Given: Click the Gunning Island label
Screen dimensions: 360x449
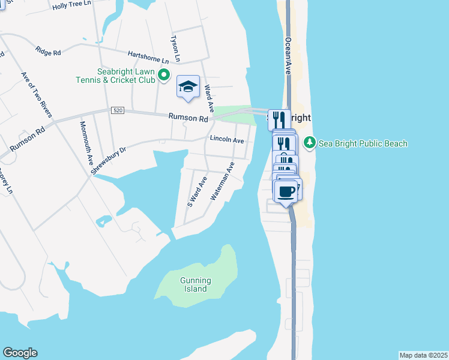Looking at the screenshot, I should coord(196,284).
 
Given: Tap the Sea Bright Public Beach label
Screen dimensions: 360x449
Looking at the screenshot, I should coord(363,143).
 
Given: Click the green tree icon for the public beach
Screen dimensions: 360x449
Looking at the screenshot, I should coord(310,143).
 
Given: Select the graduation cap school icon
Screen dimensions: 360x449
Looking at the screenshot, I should coord(188,87).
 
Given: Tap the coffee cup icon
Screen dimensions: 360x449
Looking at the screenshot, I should coord(286,191).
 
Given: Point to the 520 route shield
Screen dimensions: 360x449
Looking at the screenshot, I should coord(117,111).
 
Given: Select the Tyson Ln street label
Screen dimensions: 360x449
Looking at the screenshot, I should coord(176,48).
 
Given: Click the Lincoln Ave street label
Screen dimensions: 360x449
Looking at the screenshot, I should coord(227,140).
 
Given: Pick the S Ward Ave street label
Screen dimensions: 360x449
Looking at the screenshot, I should coord(197,191).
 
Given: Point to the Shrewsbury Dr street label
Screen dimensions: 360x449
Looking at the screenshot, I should coord(109,161).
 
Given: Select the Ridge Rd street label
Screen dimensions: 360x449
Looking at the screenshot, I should coord(49,52).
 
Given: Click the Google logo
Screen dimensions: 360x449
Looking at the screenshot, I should coord(20,353).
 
